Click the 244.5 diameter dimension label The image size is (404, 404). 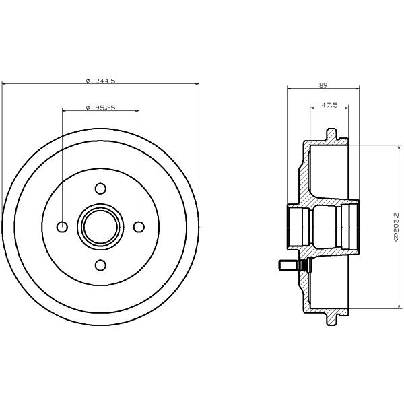101,81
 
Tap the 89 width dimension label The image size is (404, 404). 323,85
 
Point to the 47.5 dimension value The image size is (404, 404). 329,105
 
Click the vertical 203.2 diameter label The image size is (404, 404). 397,227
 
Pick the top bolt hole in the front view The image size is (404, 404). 100,189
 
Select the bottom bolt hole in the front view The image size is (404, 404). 100,265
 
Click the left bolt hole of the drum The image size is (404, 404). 62,227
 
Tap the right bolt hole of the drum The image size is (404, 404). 139,227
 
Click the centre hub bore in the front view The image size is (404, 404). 100,227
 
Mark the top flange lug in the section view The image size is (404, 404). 331,135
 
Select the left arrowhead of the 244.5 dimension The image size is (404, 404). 4,83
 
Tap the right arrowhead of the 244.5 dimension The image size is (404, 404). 197,83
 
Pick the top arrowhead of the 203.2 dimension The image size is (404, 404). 399,147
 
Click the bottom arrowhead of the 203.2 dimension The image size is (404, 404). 399,306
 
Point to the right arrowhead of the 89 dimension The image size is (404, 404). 357,88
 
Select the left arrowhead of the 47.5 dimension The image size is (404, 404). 312,108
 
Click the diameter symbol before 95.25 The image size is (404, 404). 88,108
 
